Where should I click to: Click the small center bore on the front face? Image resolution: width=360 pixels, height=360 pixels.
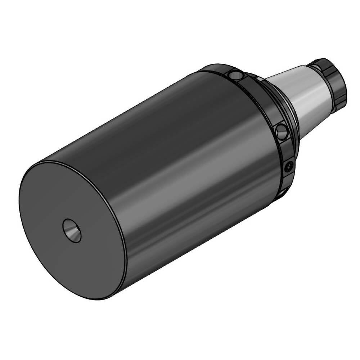click(x=72, y=230)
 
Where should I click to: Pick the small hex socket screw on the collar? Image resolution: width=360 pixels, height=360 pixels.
click(x=288, y=167)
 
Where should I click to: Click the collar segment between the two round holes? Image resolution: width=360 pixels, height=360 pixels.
click(x=263, y=101)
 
